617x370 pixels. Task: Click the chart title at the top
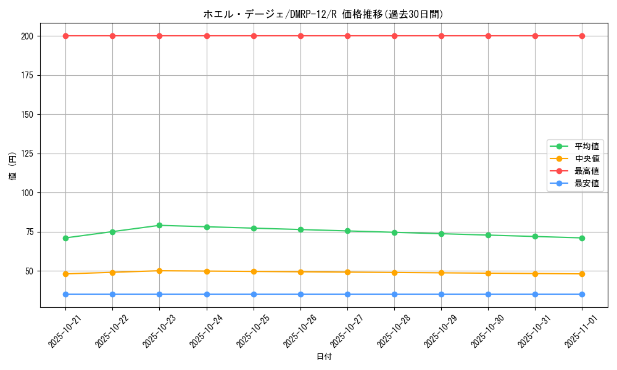coord(323,14)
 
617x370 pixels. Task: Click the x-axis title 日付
coord(323,357)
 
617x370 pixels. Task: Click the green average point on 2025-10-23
coord(159,225)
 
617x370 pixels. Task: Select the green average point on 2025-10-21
coord(65,238)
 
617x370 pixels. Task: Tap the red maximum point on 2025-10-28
coord(394,36)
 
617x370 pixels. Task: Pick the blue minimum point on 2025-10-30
coord(488,294)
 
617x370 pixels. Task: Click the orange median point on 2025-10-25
coord(254,271)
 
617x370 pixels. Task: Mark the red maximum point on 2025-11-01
coord(582,36)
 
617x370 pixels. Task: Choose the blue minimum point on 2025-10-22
coord(112,294)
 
